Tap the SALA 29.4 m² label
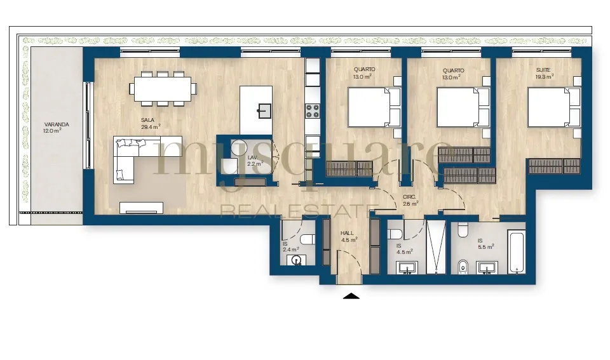(151, 123)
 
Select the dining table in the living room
(163, 89)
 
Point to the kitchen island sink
(264, 111)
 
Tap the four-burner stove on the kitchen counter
(313, 111)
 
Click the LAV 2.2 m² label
(255, 161)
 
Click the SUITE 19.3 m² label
(545, 73)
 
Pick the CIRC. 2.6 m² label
(410, 200)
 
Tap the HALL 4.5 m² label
(349, 236)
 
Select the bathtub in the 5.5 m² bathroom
(517, 251)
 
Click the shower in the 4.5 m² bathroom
(436, 247)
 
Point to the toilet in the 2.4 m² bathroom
(308, 239)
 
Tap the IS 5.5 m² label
(486, 244)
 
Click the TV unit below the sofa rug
(141, 208)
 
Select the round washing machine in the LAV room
(240, 148)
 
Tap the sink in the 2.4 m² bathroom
(297, 260)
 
